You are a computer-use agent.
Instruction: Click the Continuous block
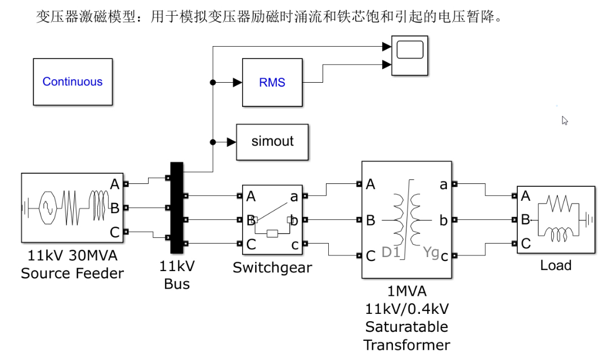pyautogui.click(x=73, y=82)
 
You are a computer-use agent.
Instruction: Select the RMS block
pyautogui.click(x=272, y=83)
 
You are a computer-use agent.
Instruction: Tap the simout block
pyautogui.click(x=272, y=142)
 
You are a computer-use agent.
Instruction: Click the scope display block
pyautogui.click(x=410, y=56)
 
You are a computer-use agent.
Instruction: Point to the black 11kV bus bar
pyautogui.click(x=177, y=208)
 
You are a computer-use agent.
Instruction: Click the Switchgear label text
pyautogui.click(x=272, y=268)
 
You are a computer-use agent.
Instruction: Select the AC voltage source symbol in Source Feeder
pyautogui.click(x=48, y=208)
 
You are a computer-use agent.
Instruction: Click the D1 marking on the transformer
pyautogui.click(x=391, y=252)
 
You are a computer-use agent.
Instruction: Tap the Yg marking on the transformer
pyautogui.click(x=431, y=252)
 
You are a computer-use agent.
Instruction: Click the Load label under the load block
pyautogui.click(x=556, y=265)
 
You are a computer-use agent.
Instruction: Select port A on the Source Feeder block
pyautogui.click(x=126, y=184)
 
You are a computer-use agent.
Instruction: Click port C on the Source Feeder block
pyautogui.click(x=126, y=232)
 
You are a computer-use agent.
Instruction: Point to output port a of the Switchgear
pyautogui.click(x=305, y=196)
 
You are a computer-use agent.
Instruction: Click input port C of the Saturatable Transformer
pyautogui.click(x=359, y=256)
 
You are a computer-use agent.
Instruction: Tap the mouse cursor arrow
pyautogui.click(x=565, y=120)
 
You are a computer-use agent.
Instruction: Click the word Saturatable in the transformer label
pyautogui.click(x=406, y=327)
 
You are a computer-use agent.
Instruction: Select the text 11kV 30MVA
pyautogui.click(x=73, y=256)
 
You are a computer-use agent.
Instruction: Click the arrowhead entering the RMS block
pyautogui.click(x=238, y=83)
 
